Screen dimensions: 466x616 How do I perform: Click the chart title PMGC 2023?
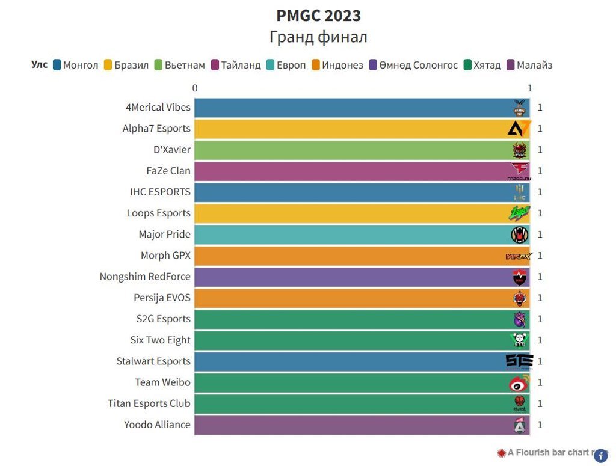pos(318,15)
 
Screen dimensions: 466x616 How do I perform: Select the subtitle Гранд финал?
pos(318,37)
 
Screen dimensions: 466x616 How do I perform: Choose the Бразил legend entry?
pos(126,65)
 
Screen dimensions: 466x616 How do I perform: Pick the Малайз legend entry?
pos(530,65)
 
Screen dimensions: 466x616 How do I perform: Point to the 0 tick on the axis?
pos(195,88)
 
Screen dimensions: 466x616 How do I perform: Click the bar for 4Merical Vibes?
pos(355,108)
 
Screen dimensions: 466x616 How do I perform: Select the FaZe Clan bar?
pos(355,171)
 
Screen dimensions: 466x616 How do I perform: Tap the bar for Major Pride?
pos(355,235)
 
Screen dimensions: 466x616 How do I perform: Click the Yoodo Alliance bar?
pos(355,425)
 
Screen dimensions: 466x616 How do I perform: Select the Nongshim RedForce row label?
pos(145,277)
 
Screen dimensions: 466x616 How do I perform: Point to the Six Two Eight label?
pos(160,340)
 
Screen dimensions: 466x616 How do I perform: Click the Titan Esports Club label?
pos(149,403)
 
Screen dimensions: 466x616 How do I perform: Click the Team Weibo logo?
pos(519,382)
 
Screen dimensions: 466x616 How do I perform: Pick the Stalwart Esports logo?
pos(519,361)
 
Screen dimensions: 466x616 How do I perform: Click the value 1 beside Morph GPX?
pos(540,256)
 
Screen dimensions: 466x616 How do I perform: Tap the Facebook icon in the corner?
pos(600,456)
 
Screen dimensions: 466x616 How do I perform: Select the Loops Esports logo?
pos(519,213)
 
